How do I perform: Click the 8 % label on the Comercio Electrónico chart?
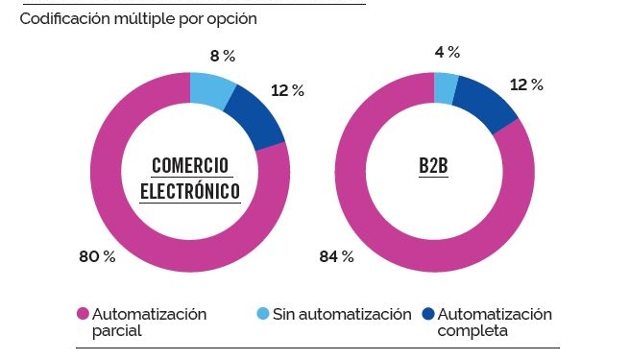223,56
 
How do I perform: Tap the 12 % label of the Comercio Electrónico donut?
287,91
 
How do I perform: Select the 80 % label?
96,256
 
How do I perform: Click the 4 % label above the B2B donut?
447,52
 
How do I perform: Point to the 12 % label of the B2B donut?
526,85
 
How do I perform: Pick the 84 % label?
336,256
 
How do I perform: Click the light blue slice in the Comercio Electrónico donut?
212,89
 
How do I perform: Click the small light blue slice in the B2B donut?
446,87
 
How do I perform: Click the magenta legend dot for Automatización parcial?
82,314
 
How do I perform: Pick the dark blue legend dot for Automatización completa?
428,314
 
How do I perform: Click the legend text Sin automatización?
342,314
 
